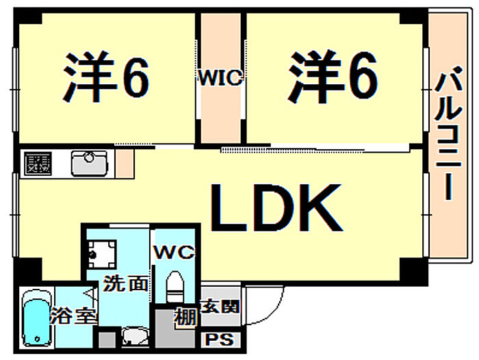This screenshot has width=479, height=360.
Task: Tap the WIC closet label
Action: pos(220,78)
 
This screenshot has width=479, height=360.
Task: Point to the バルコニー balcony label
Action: pos(447,140)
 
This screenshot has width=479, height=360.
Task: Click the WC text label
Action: pos(174,252)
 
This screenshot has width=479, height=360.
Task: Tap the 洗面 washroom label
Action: pos(125,283)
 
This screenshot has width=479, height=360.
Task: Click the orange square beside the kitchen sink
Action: pos(124,163)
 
